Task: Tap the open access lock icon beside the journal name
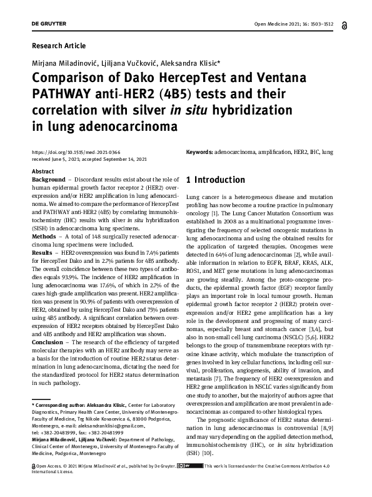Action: point(344,24)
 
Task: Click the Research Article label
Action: point(58,46)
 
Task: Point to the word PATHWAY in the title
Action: point(59,95)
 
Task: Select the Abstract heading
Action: point(43,171)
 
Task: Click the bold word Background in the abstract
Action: point(48,180)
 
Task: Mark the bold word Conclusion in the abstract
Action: point(48,342)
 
